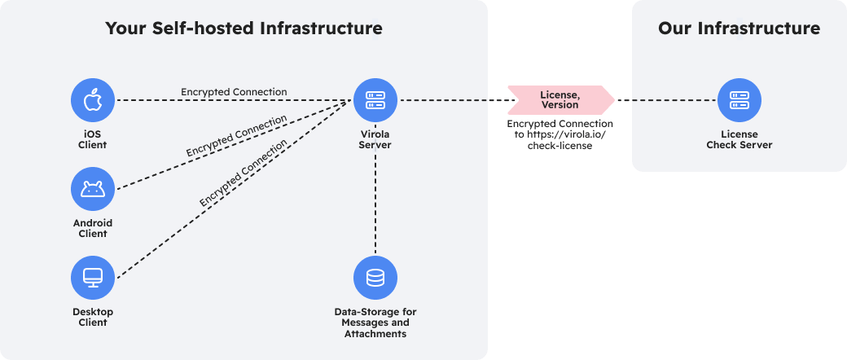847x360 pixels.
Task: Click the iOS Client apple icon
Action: tap(92, 100)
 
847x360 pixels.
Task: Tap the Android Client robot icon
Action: tap(92, 190)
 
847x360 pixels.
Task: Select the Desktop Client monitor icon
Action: tap(92, 279)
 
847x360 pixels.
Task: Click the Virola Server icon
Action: tap(375, 100)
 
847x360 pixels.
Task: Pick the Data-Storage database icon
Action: tap(375, 279)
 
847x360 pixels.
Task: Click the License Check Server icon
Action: tap(739, 100)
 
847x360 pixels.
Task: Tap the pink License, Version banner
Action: tap(560, 99)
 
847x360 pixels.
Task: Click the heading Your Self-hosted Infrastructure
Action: tap(244, 29)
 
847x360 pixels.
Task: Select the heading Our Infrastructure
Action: tap(739, 29)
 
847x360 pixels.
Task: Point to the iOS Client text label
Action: tap(92, 139)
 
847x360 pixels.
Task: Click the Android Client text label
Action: tap(92, 228)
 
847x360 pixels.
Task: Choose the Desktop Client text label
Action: tap(92, 317)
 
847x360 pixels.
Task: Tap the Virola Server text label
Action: tap(375, 139)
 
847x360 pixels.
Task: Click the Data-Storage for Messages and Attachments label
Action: tap(375, 323)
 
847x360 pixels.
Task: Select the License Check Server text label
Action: tap(739, 139)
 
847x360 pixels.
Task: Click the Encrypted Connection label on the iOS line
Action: tap(234, 92)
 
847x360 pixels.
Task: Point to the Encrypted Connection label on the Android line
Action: tap(236, 136)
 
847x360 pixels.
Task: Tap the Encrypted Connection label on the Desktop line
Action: tap(243, 173)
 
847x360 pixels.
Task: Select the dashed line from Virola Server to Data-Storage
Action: tap(375, 204)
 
